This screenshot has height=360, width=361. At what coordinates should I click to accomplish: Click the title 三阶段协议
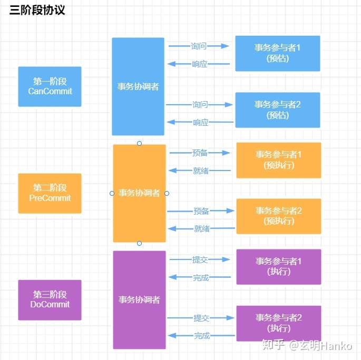click(37, 10)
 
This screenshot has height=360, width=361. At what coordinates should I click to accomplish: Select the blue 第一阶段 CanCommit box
click(50, 86)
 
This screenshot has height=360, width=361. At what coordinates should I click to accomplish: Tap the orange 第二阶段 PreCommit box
click(50, 193)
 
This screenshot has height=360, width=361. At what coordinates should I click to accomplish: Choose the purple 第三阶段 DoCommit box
click(50, 299)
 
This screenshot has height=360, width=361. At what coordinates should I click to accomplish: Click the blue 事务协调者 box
click(138, 87)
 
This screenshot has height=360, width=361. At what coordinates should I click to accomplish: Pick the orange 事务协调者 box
click(139, 193)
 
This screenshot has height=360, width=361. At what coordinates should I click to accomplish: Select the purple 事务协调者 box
click(139, 300)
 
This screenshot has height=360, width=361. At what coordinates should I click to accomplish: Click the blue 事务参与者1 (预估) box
click(278, 53)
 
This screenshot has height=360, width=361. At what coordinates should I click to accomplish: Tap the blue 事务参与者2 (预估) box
click(278, 110)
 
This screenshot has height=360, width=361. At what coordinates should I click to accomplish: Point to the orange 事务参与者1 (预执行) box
click(278, 160)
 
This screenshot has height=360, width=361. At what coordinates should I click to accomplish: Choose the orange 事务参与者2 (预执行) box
click(278, 216)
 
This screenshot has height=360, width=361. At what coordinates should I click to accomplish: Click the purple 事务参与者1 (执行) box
click(278, 267)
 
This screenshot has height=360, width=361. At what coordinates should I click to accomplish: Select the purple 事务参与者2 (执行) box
click(278, 323)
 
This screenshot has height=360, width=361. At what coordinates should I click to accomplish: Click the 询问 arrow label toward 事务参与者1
click(199, 46)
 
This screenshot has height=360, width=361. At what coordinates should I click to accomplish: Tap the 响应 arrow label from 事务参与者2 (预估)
click(200, 123)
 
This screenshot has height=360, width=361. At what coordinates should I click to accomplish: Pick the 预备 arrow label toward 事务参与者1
click(200, 153)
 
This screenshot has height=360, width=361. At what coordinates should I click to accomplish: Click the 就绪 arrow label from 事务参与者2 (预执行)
click(201, 229)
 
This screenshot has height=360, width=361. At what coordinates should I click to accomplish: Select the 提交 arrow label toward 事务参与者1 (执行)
click(200, 260)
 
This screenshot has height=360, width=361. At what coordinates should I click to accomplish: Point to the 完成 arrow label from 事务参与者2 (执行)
click(201, 336)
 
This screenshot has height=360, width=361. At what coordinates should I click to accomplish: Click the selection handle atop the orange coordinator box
click(139, 143)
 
